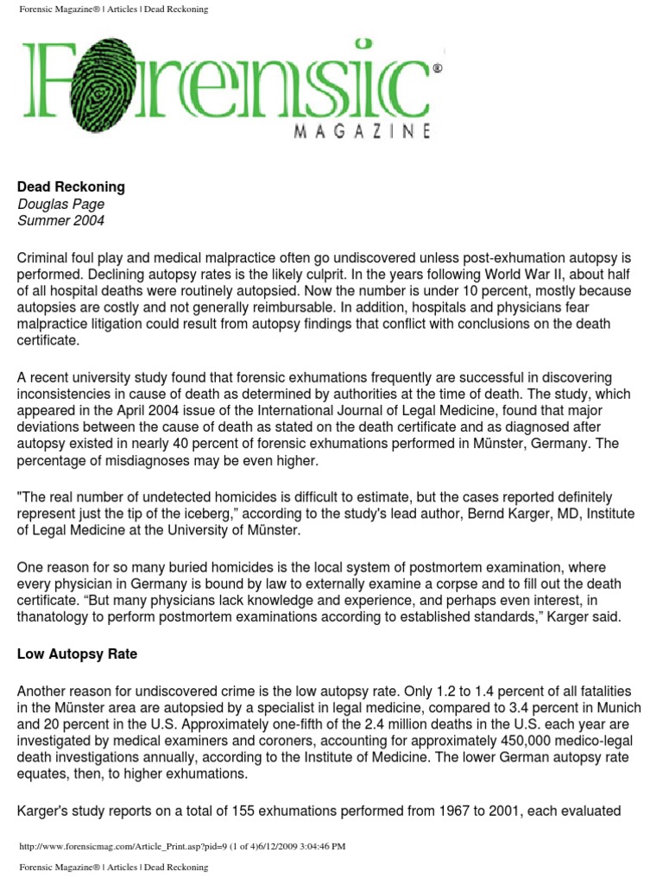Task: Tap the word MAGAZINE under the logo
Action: click(x=363, y=132)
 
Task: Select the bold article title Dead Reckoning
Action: click(x=71, y=186)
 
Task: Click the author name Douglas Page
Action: click(x=60, y=204)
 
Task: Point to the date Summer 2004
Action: click(x=60, y=220)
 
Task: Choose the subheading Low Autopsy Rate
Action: click(x=78, y=654)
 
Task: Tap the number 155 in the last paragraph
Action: click(x=257, y=810)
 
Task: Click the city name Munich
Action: click(x=608, y=708)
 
